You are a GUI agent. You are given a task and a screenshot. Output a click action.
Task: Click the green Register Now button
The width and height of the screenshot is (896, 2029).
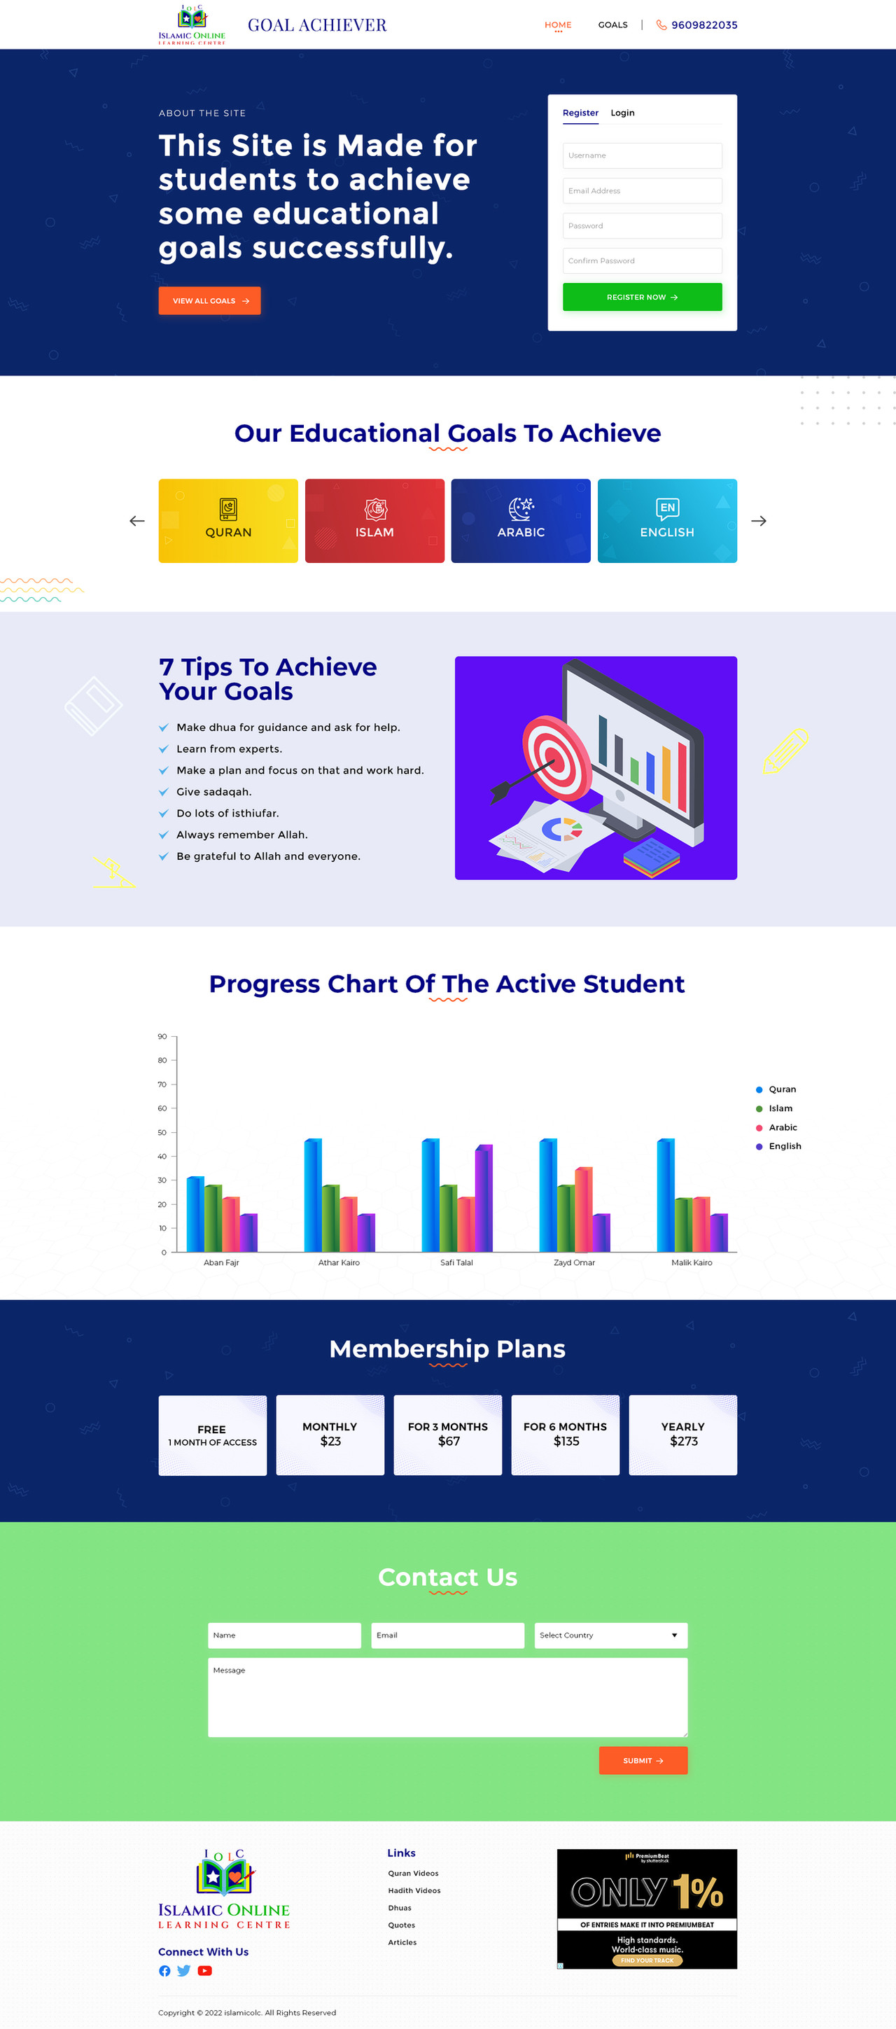[x=642, y=297]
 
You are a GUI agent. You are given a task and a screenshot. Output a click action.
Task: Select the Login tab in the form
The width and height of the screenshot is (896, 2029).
[x=622, y=113]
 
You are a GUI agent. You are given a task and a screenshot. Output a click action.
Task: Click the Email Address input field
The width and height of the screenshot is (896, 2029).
[x=642, y=190]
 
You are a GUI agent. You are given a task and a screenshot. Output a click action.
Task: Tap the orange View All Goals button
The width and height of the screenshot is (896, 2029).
[x=209, y=301]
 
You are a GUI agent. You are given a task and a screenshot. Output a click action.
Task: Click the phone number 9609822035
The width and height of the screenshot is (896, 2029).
[x=704, y=25]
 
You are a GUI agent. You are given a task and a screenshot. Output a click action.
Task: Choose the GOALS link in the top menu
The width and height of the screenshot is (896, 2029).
[x=612, y=25]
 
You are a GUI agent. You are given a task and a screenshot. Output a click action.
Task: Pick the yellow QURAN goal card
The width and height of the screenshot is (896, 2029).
[x=228, y=521]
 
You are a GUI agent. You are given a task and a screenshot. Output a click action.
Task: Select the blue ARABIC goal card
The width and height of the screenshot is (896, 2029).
[x=520, y=521]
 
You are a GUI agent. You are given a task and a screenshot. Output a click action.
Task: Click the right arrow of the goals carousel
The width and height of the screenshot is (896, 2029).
[x=758, y=521]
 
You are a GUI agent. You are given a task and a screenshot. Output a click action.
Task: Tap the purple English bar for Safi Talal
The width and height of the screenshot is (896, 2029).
[x=484, y=1198]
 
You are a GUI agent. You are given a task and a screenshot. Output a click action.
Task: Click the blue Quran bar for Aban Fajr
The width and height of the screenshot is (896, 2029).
[x=195, y=1214]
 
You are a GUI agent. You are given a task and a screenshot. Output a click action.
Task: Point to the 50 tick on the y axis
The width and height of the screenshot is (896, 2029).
[x=162, y=1132]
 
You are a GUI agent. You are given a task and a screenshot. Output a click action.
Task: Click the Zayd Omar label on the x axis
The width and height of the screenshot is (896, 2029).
[x=574, y=1262]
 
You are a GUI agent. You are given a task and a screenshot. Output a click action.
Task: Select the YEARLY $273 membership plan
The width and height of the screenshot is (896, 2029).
[x=682, y=1435]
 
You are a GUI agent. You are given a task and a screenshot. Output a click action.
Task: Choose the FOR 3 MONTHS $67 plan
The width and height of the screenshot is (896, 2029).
[x=448, y=1435]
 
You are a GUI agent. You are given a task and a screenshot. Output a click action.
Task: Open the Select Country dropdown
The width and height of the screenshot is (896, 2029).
[x=611, y=1636]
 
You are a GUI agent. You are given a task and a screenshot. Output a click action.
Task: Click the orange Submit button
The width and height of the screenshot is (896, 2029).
[x=643, y=1760]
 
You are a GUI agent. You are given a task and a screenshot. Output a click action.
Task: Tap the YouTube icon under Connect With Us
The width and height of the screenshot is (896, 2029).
[x=204, y=1971]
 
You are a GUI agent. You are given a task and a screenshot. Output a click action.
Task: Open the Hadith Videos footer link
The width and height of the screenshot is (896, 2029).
[x=414, y=1890]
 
